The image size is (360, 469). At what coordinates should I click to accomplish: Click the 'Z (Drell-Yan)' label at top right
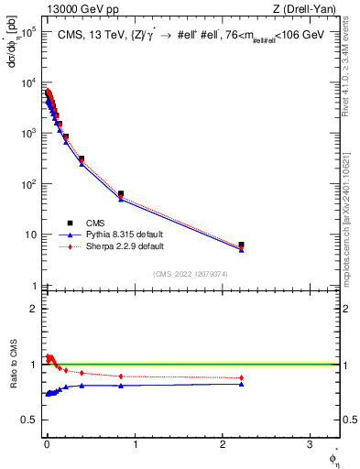(308, 10)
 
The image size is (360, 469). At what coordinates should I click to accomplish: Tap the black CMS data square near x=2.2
(241, 245)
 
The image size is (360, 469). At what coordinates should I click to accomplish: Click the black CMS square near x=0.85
(121, 194)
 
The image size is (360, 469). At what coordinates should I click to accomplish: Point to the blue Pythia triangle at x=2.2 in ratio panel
(241, 384)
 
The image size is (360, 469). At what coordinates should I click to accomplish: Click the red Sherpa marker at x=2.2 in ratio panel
(241, 377)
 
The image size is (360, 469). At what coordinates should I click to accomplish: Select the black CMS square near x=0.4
(82, 159)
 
